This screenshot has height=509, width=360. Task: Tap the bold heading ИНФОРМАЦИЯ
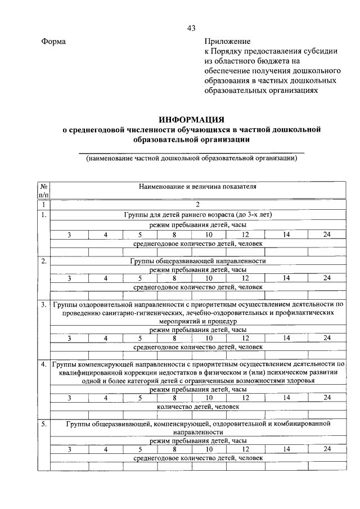tap(191, 120)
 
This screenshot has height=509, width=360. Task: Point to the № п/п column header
tap(43, 190)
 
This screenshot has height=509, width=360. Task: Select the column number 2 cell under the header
tap(197, 205)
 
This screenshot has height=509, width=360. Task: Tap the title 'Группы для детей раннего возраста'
tap(197, 215)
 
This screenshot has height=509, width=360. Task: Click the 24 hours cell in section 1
tap(327, 234)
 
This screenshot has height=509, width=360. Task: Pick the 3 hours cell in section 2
tap(69, 278)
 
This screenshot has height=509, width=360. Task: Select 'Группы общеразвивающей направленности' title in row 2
tap(197, 261)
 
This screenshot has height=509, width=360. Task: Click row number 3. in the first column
tap(43, 304)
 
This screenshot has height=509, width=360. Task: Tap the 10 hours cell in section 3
tap(209, 338)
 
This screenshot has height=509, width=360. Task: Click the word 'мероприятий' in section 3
tap(171, 321)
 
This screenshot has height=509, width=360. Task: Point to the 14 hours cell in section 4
tap(286, 397)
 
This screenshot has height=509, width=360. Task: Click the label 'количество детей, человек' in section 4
tap(198, 406)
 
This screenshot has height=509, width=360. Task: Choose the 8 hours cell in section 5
tap(175, 449)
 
